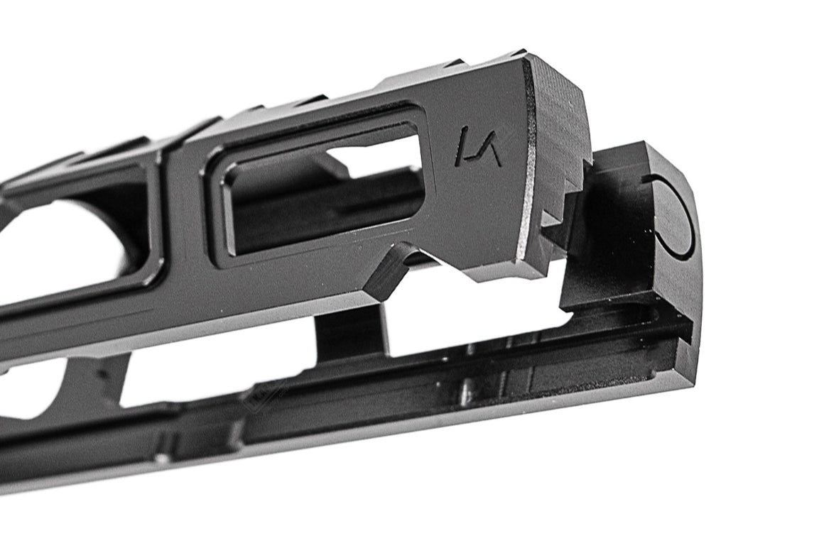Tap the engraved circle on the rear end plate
point(673,217)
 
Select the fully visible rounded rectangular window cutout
point(320,186)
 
